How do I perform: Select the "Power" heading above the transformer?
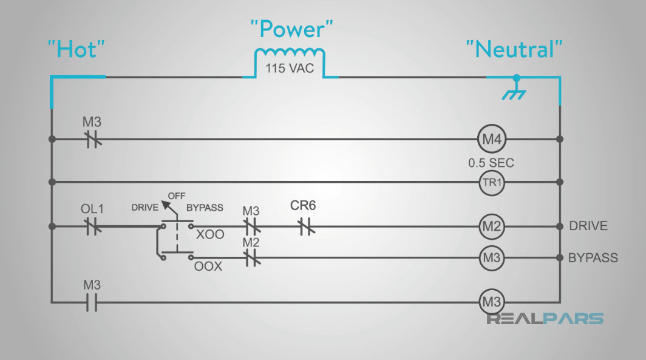[292, 29]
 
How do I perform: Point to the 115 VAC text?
[290, 68]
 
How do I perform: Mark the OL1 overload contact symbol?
[92, 226]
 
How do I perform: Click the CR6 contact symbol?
[304, 226]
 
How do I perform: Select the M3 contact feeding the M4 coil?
[92, 139]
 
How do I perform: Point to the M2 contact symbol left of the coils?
[252, 258]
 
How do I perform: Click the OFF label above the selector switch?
[177, 196]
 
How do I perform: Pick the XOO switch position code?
[210, 234]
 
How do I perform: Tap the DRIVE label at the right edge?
[588, 226]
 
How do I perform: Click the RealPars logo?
[545, 319]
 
